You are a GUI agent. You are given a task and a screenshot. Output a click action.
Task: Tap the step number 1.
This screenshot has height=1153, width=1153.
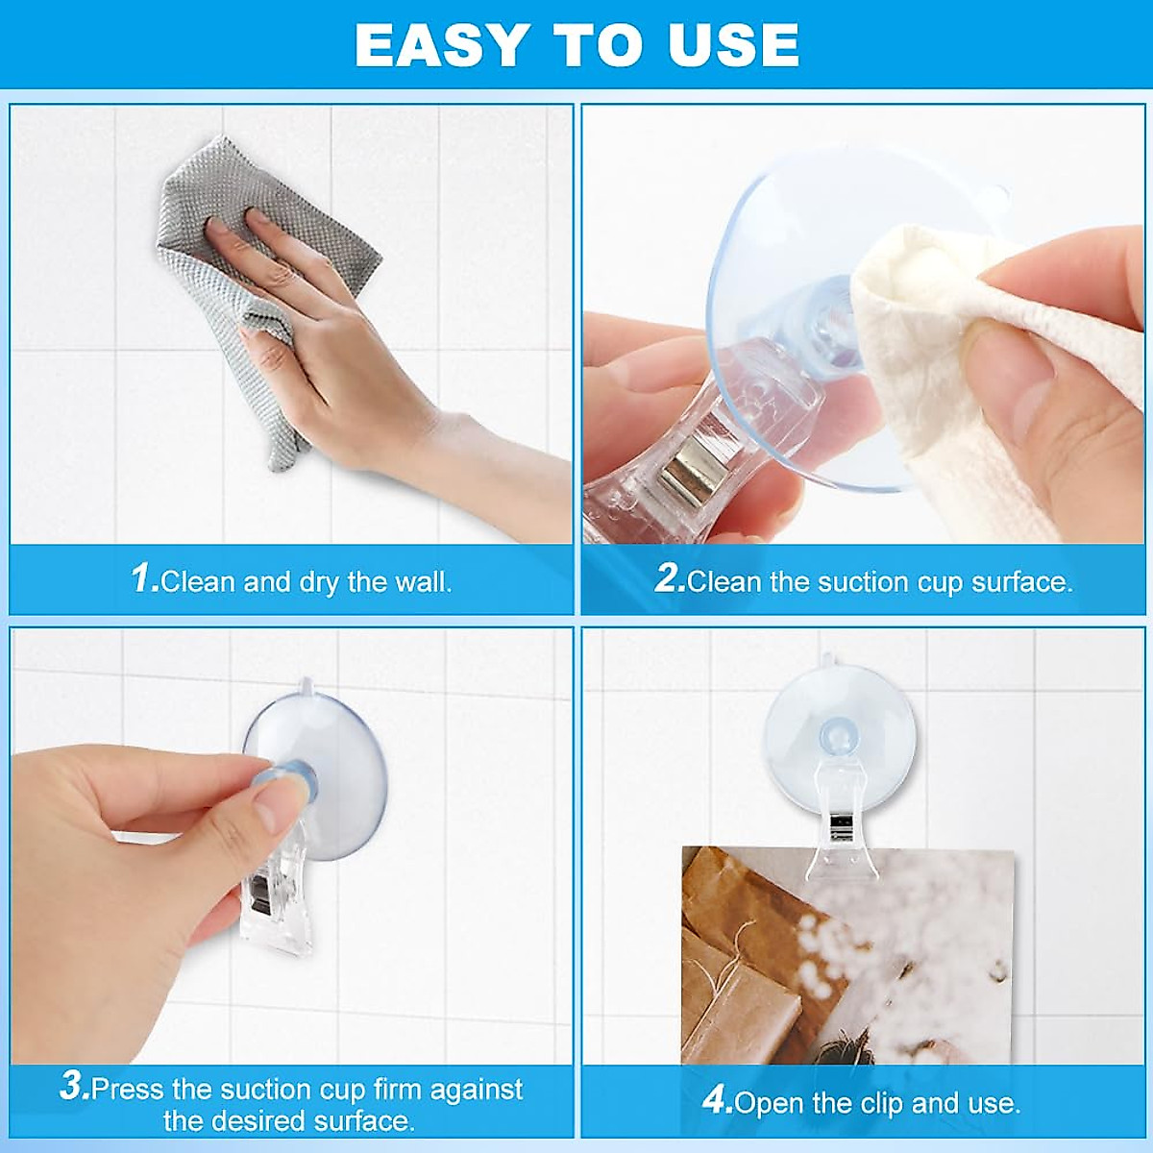[143, 578]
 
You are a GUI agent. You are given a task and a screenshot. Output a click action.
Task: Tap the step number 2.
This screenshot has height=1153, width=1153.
[669, 578]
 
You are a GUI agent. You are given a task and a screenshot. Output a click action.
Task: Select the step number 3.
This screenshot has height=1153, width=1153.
[73, 1088]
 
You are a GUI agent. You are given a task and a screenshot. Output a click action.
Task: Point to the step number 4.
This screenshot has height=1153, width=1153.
[717, 1101]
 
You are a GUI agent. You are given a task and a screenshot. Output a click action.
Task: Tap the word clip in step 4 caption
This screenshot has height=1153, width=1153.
[877, 1102]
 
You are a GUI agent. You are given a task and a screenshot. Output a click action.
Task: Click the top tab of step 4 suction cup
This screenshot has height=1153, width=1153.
[827, 661]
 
